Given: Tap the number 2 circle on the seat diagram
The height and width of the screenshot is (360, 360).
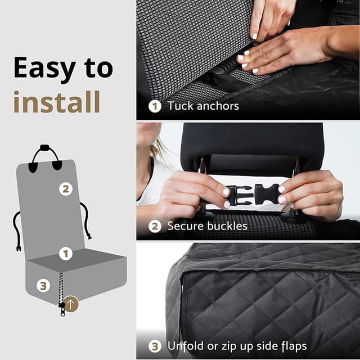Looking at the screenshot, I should (66, 190).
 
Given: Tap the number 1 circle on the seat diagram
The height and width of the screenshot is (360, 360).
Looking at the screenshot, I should (66, 254).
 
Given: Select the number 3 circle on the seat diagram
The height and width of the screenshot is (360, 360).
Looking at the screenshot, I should (43, 286).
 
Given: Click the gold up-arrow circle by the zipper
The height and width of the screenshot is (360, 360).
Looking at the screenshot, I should (71, 304).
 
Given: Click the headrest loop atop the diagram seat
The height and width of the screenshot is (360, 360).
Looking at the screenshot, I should (46, 150).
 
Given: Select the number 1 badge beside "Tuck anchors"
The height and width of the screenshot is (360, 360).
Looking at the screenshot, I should (155, 106).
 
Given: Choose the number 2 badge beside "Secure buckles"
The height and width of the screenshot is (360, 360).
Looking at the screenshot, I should (155, 226).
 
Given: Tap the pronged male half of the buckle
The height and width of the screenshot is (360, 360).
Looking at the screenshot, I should (240, 195).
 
